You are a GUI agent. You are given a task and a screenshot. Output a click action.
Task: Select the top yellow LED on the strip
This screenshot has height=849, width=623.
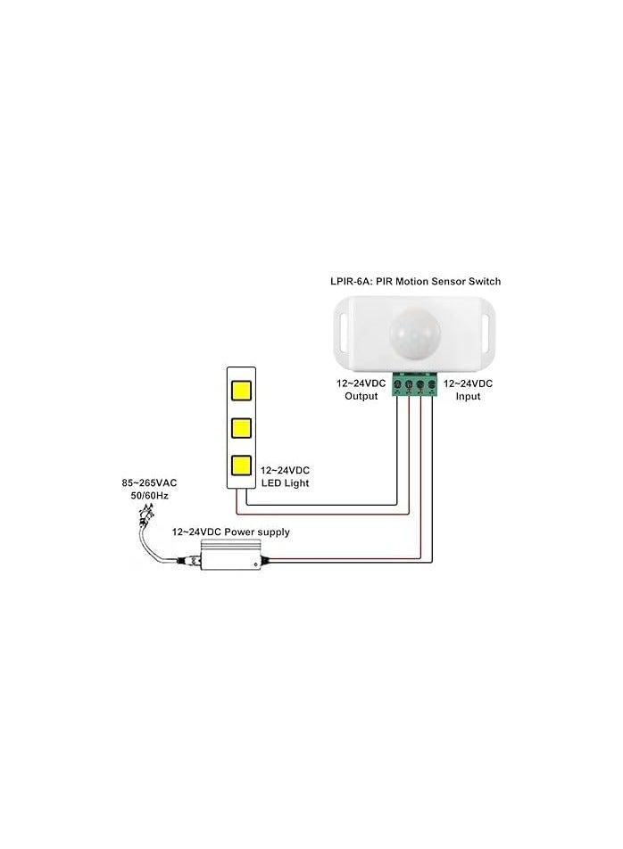(x=241, y=391)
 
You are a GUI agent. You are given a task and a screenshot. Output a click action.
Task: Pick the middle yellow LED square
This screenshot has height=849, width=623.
(x=241, y=428)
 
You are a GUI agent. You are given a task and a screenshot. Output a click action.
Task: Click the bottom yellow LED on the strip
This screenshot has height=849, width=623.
(x=241, y=466)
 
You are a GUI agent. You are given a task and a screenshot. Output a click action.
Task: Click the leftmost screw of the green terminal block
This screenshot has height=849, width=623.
(x=397, y=385)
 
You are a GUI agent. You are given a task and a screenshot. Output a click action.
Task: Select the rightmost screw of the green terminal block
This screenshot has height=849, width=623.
(x=432, y=385)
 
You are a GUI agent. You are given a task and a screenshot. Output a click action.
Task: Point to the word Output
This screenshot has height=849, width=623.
(x=361, y=396)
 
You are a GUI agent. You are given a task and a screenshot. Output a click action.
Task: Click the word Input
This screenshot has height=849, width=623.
(x=468, y=396)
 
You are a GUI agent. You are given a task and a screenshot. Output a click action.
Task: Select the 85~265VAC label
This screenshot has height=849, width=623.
(x=149, y=482)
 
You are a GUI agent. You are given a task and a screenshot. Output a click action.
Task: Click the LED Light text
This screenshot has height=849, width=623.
(x=285, y=483)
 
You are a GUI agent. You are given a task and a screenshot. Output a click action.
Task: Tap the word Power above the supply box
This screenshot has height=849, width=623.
(x=239, y=532)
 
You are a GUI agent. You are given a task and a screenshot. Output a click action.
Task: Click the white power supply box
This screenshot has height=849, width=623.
(x=229, y=555)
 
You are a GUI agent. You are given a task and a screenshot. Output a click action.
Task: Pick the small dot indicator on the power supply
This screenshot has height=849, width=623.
(x=255, y=564)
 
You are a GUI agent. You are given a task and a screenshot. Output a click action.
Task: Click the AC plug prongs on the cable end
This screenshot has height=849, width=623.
(x=145, y=509)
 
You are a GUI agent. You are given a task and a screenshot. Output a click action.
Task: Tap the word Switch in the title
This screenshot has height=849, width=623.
(x=486, y=281)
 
